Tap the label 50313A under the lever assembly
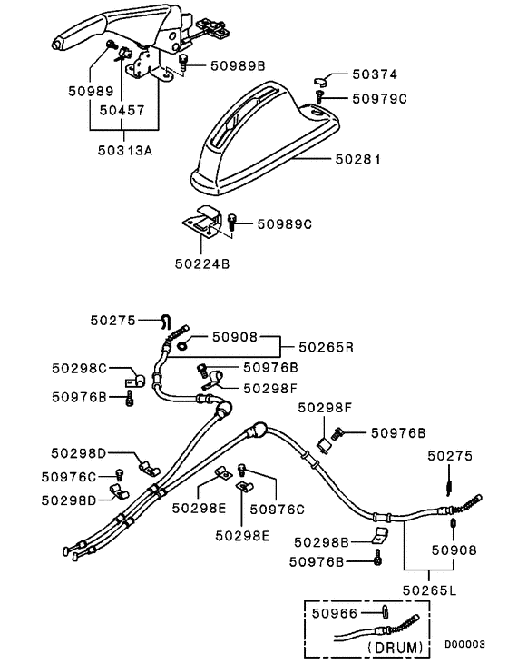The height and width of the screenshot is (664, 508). [x=122, y=150]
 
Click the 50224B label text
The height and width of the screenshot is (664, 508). [x=203, y=264]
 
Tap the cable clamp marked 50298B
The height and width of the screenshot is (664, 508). [x=379, y=537]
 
